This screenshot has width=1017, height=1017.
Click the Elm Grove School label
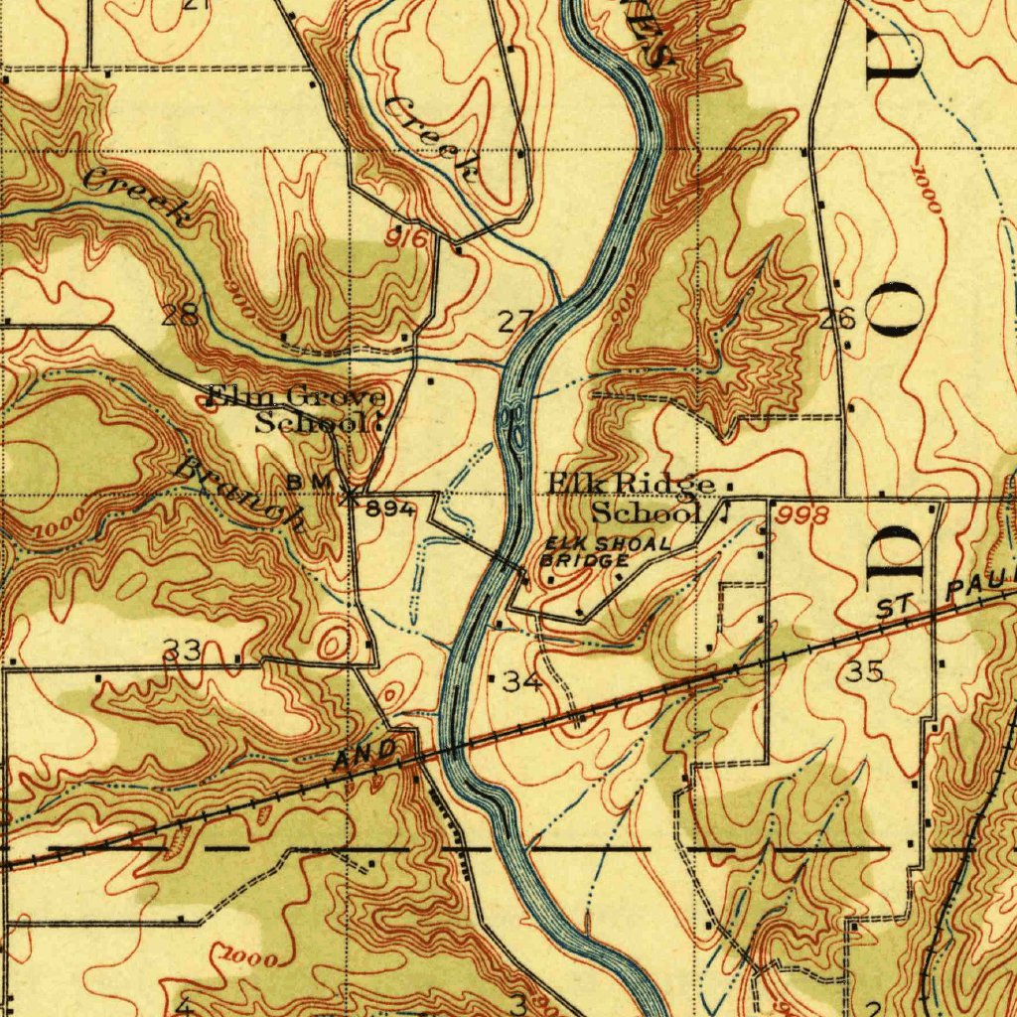tap(295, 409)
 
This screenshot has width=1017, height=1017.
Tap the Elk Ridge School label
tap(635, 498)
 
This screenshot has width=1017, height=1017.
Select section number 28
tap(180, 317)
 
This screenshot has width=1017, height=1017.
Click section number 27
tap(515, 321)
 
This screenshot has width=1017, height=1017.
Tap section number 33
tap(183, 651)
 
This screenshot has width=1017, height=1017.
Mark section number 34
tap(522, 681)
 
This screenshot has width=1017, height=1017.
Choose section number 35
tap(864, 672)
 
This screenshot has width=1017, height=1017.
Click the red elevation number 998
tap(802, 514)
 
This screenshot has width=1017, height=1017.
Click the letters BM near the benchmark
tap(301, 482)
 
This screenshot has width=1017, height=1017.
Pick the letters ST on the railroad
tap(895, 609)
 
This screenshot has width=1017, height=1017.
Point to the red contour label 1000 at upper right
tap(925, 191)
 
